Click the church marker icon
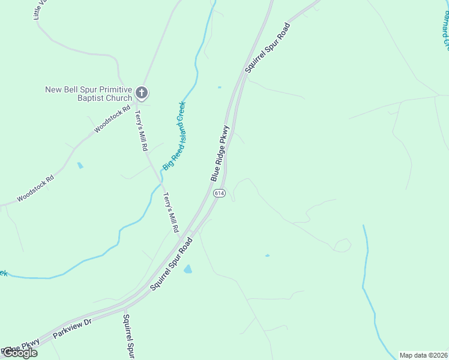tap(142, 92)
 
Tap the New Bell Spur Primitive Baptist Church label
tap(88, 94)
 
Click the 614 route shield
tap(219, 193)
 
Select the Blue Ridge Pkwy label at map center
tap(220, 153)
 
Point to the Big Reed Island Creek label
tap(175, 134)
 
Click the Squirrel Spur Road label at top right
tap(268, 48)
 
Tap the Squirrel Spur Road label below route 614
tap(171, 264)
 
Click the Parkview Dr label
tap(71, 329)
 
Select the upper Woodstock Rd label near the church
tap(112, 119)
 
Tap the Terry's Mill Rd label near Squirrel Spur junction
tap(172, 212)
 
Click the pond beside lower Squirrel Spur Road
tap(188, 269)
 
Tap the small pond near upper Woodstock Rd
tap(80, 165)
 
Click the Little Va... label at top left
tap(38, 11)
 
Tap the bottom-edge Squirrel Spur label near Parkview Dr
tap(127, 338)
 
